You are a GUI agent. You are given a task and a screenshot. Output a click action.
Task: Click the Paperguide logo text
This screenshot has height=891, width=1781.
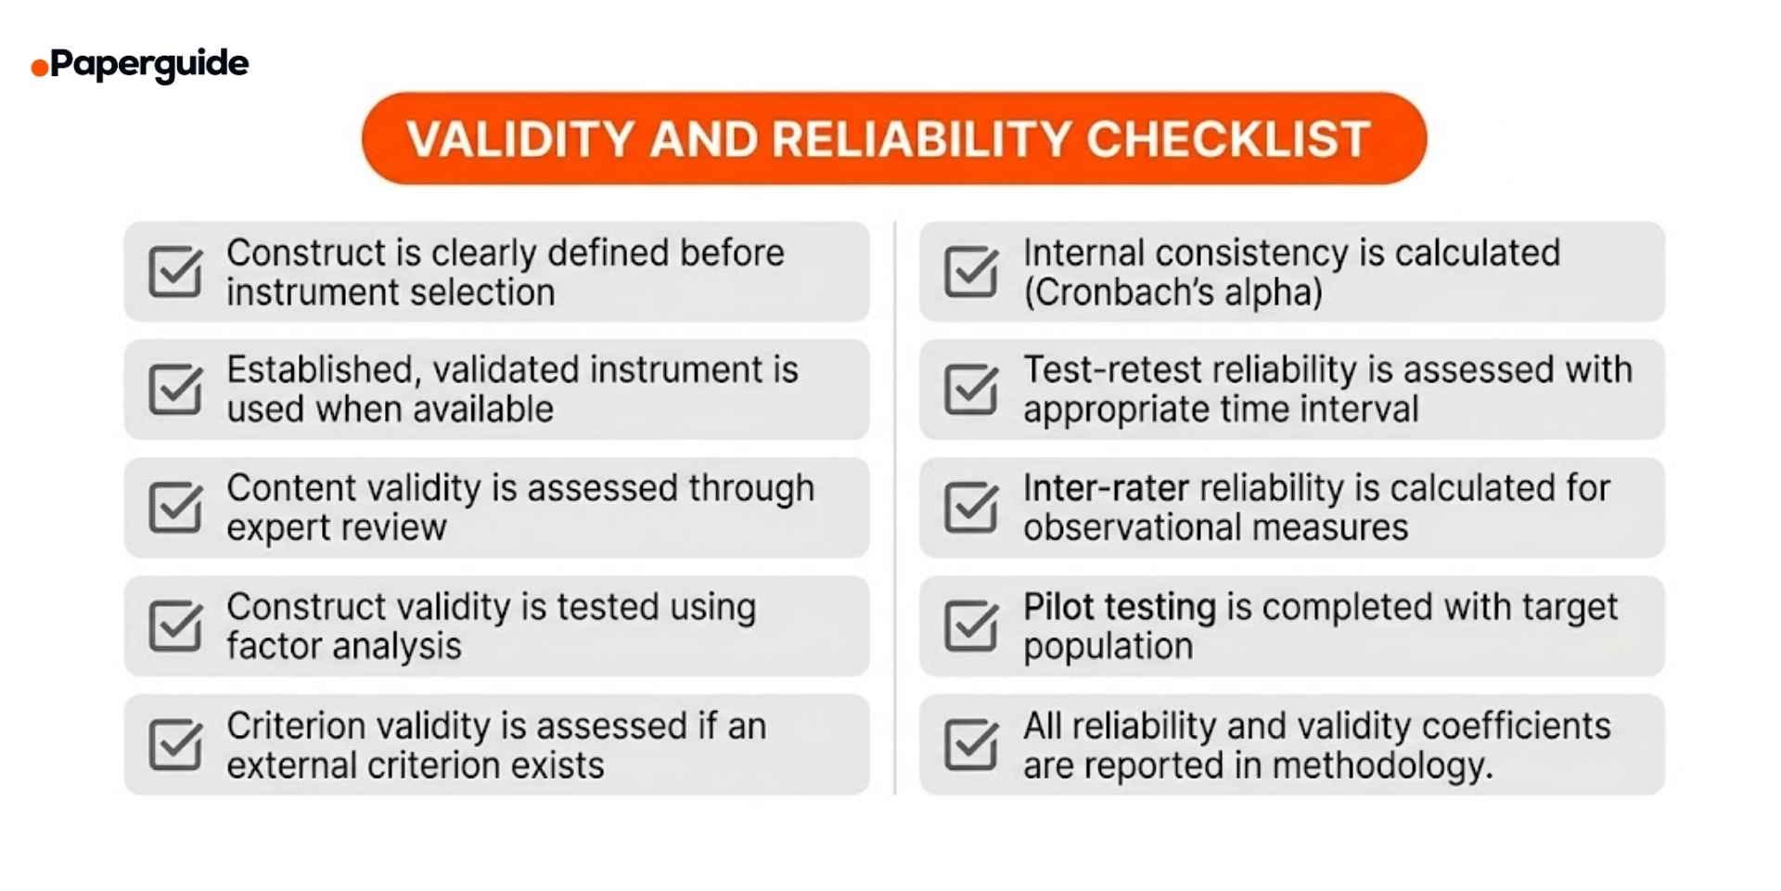148,64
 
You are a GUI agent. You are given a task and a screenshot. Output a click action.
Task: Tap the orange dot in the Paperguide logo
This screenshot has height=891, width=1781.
39,68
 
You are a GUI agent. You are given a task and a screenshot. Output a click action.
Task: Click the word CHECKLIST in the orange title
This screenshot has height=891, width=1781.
1227,139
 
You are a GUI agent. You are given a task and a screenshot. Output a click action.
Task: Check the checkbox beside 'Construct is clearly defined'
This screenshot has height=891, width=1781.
174,272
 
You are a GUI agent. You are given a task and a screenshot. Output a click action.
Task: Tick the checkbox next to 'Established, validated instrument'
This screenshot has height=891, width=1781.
174,390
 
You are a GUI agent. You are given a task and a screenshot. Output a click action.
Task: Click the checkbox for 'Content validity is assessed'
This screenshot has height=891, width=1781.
174,508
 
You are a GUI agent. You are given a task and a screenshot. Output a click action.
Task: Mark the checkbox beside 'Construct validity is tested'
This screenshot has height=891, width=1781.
174,626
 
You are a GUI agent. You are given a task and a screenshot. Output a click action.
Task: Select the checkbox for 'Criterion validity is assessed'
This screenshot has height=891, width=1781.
174,744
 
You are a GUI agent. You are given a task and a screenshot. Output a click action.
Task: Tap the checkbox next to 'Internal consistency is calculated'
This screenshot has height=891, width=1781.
969,272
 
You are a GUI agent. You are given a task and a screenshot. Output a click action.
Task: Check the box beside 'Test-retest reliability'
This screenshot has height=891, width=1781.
969,390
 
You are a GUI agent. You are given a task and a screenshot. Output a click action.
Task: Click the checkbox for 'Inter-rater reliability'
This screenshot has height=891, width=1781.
969,508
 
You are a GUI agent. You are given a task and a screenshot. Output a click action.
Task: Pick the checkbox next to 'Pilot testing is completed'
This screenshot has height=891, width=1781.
969,626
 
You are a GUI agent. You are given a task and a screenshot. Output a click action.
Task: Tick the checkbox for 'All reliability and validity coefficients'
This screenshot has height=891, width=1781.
969,744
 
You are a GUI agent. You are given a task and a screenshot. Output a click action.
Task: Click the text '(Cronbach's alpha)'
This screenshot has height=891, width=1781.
1172,293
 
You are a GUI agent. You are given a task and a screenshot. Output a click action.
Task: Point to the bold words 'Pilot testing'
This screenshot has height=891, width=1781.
1119,607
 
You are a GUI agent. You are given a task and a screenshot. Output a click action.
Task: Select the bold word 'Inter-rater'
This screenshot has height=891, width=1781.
1106,488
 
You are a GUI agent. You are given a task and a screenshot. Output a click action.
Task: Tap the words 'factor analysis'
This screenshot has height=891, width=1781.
343,647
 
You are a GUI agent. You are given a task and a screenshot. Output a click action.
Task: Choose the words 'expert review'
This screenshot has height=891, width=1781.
336,528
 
